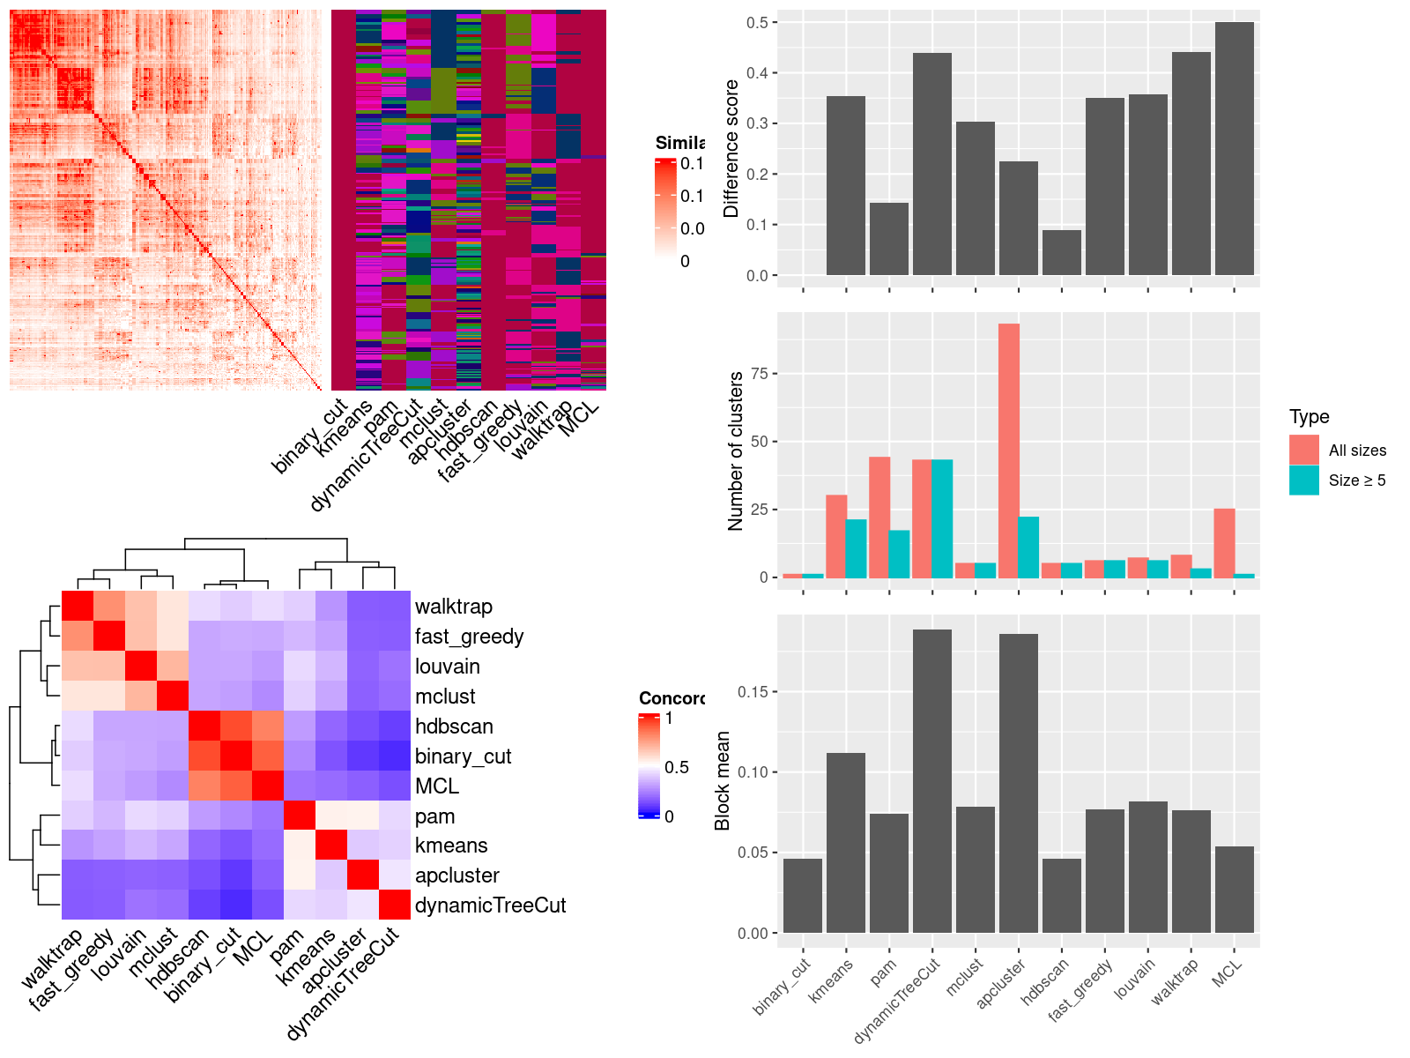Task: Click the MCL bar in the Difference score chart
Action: (1234, 149)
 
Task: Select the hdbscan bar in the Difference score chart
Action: (1061, 253)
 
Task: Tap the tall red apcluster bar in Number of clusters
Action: (1009, 451)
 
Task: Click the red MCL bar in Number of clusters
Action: (1224, 543)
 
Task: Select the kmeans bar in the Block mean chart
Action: (846, 843)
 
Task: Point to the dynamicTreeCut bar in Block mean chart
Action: (932, 781)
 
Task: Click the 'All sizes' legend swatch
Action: (1304, 450)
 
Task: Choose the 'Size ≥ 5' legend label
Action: (1357, 481)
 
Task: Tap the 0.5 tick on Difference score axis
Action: (758, 22)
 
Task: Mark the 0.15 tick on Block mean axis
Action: (753, 692)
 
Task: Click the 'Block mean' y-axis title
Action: (724, 780)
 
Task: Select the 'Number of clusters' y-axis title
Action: (736, 451)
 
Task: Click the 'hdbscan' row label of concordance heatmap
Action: (454, 726)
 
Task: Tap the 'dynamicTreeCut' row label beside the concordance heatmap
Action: (490, 905)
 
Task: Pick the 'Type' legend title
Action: (1309, 417)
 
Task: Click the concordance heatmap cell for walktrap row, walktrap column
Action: (78, 606)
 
